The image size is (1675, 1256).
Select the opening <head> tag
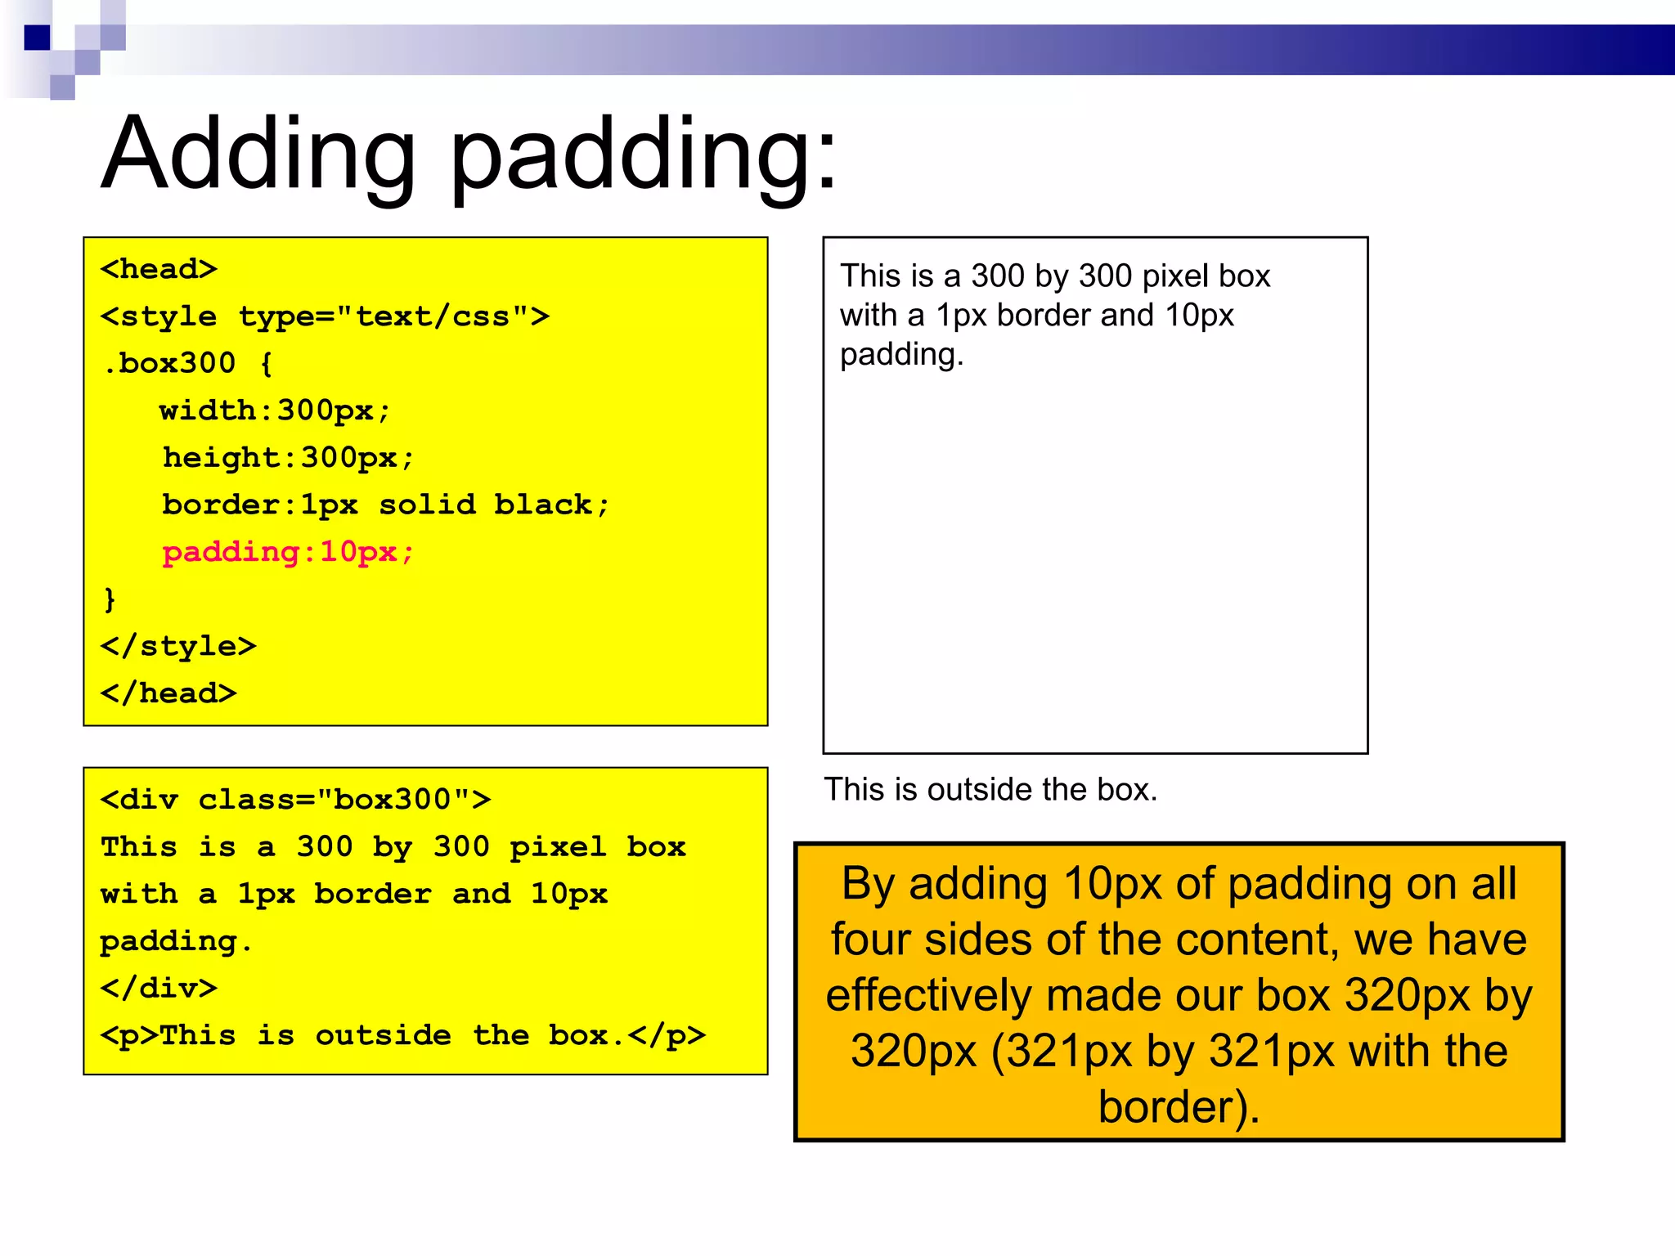pos(159,269)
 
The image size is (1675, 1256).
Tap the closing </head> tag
pos(168,693)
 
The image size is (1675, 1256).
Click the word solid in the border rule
pos(427,505)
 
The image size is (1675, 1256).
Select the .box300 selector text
pos(169,363)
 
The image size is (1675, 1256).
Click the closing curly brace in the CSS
pos(110,599)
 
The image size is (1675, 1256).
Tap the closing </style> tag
pos(178,646)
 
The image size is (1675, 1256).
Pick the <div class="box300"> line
pos(295,799)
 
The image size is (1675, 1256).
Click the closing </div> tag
pos(159,988)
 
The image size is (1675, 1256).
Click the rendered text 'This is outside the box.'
pos(990,790)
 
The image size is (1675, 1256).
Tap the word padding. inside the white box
pos(902,355)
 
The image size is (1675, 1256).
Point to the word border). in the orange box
pos(1179,1107)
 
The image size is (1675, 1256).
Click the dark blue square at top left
pos(37,38)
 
